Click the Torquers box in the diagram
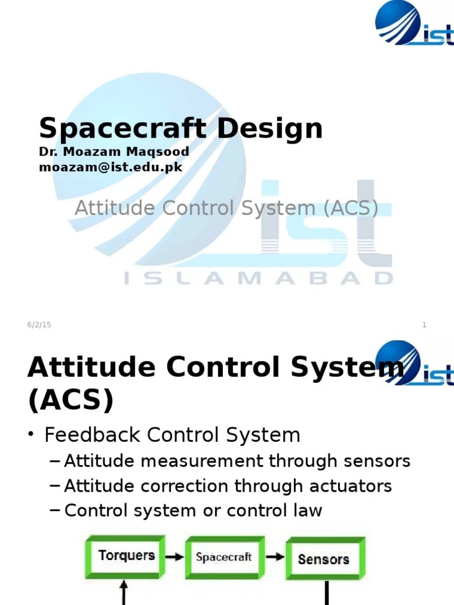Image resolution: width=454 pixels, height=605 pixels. pyautogui.click(x=127, y=556)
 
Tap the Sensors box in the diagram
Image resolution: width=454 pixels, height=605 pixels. pyautogui.click(x=324, y=558)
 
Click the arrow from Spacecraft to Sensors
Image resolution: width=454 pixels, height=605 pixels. pyautogui.click(x=274, y=557)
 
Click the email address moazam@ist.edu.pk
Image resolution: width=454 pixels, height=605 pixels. pyautogui.click(x=111, y=167)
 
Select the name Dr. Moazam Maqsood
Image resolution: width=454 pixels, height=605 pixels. pyautogui.click(x=114, y=151)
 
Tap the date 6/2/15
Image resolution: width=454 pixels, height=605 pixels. pyautogui.click(x=39, y=325)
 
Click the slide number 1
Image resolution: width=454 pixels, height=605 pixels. pyautogui.click(x=424, y=325)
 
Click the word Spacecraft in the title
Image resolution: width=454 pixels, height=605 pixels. pyautogui.click(x=113, y=129)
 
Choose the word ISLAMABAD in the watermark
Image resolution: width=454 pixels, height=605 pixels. pyautogui.click(x=258, y=278)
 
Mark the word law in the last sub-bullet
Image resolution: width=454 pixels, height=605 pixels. pyautogui.click(x=309, y=510)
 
